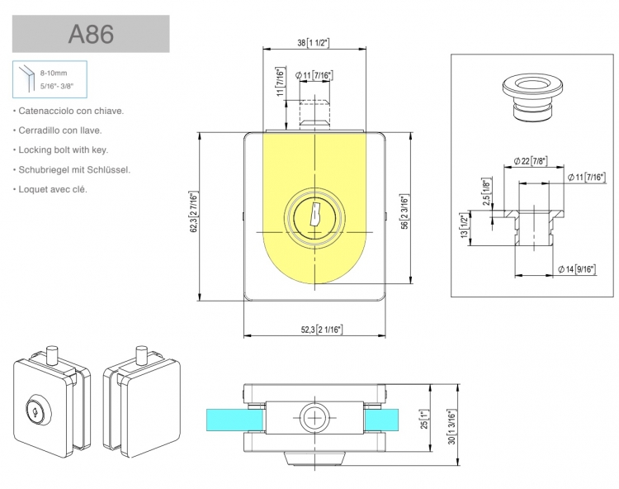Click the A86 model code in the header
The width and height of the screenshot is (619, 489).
click(x=91, y=36)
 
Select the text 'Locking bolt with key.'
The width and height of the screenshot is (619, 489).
click(x=62, y=150)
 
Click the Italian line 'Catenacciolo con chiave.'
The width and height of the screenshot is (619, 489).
click(x=69, y=110)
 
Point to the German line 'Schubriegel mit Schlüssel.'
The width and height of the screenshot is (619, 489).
click(x=73, y=169)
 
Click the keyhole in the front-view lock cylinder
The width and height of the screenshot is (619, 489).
click(x=314, y=216)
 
